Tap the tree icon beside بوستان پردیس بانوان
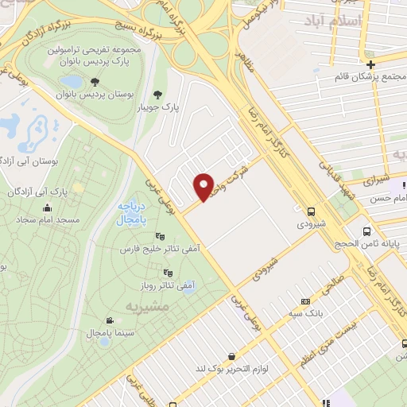click(95, 81)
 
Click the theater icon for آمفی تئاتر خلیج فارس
click(159, 235)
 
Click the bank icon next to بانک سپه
click(306, 302)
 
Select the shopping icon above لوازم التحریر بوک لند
click(231, 356)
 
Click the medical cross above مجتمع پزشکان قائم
click(371, 64)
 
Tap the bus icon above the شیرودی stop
click(310, 211)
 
